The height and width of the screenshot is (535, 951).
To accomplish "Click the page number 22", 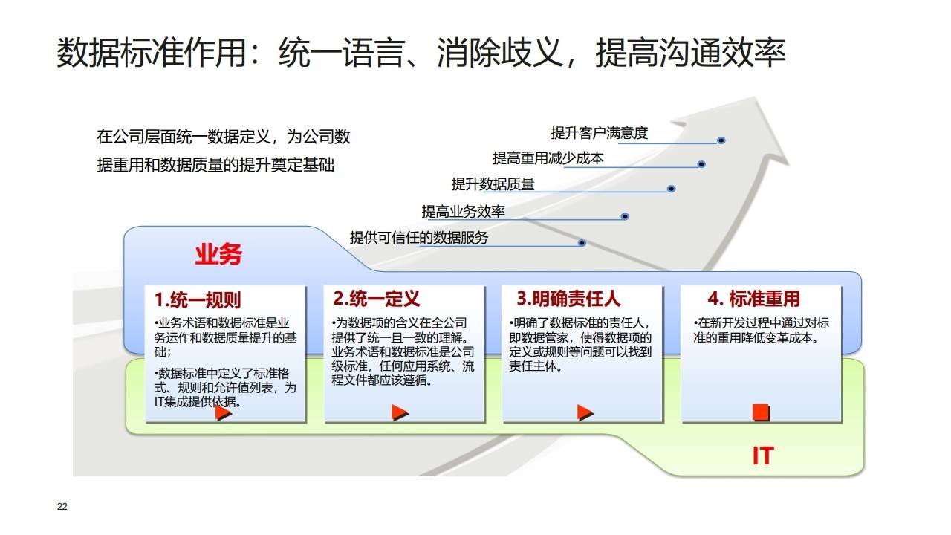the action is (62, 507).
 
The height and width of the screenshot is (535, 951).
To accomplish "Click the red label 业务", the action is (218, 255).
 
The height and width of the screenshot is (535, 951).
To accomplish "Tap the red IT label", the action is (762, 455).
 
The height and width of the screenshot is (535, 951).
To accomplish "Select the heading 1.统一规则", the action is (198, 299).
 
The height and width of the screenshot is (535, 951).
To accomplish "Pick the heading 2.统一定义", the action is (377, 299).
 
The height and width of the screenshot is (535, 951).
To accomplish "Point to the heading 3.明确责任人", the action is (568, 299).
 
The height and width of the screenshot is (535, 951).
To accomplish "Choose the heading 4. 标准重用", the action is (753, 299).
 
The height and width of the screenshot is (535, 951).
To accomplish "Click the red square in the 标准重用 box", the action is (761, 412).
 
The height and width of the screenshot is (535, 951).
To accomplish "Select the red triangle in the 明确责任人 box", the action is (585, 412).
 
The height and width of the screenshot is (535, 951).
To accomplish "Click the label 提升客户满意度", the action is (600, 133).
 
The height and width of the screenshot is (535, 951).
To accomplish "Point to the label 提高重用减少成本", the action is (548, 158).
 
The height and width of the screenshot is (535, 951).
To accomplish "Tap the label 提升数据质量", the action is (493, 184).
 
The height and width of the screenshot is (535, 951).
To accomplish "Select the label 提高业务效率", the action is (464, 212).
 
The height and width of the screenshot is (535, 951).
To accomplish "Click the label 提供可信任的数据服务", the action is (419, 238).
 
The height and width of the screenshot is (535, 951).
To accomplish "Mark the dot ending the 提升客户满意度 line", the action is (721, 140).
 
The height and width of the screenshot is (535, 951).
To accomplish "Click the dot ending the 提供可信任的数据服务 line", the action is (582, 243).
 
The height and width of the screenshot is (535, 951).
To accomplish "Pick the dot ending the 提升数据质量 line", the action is (672, 189).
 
